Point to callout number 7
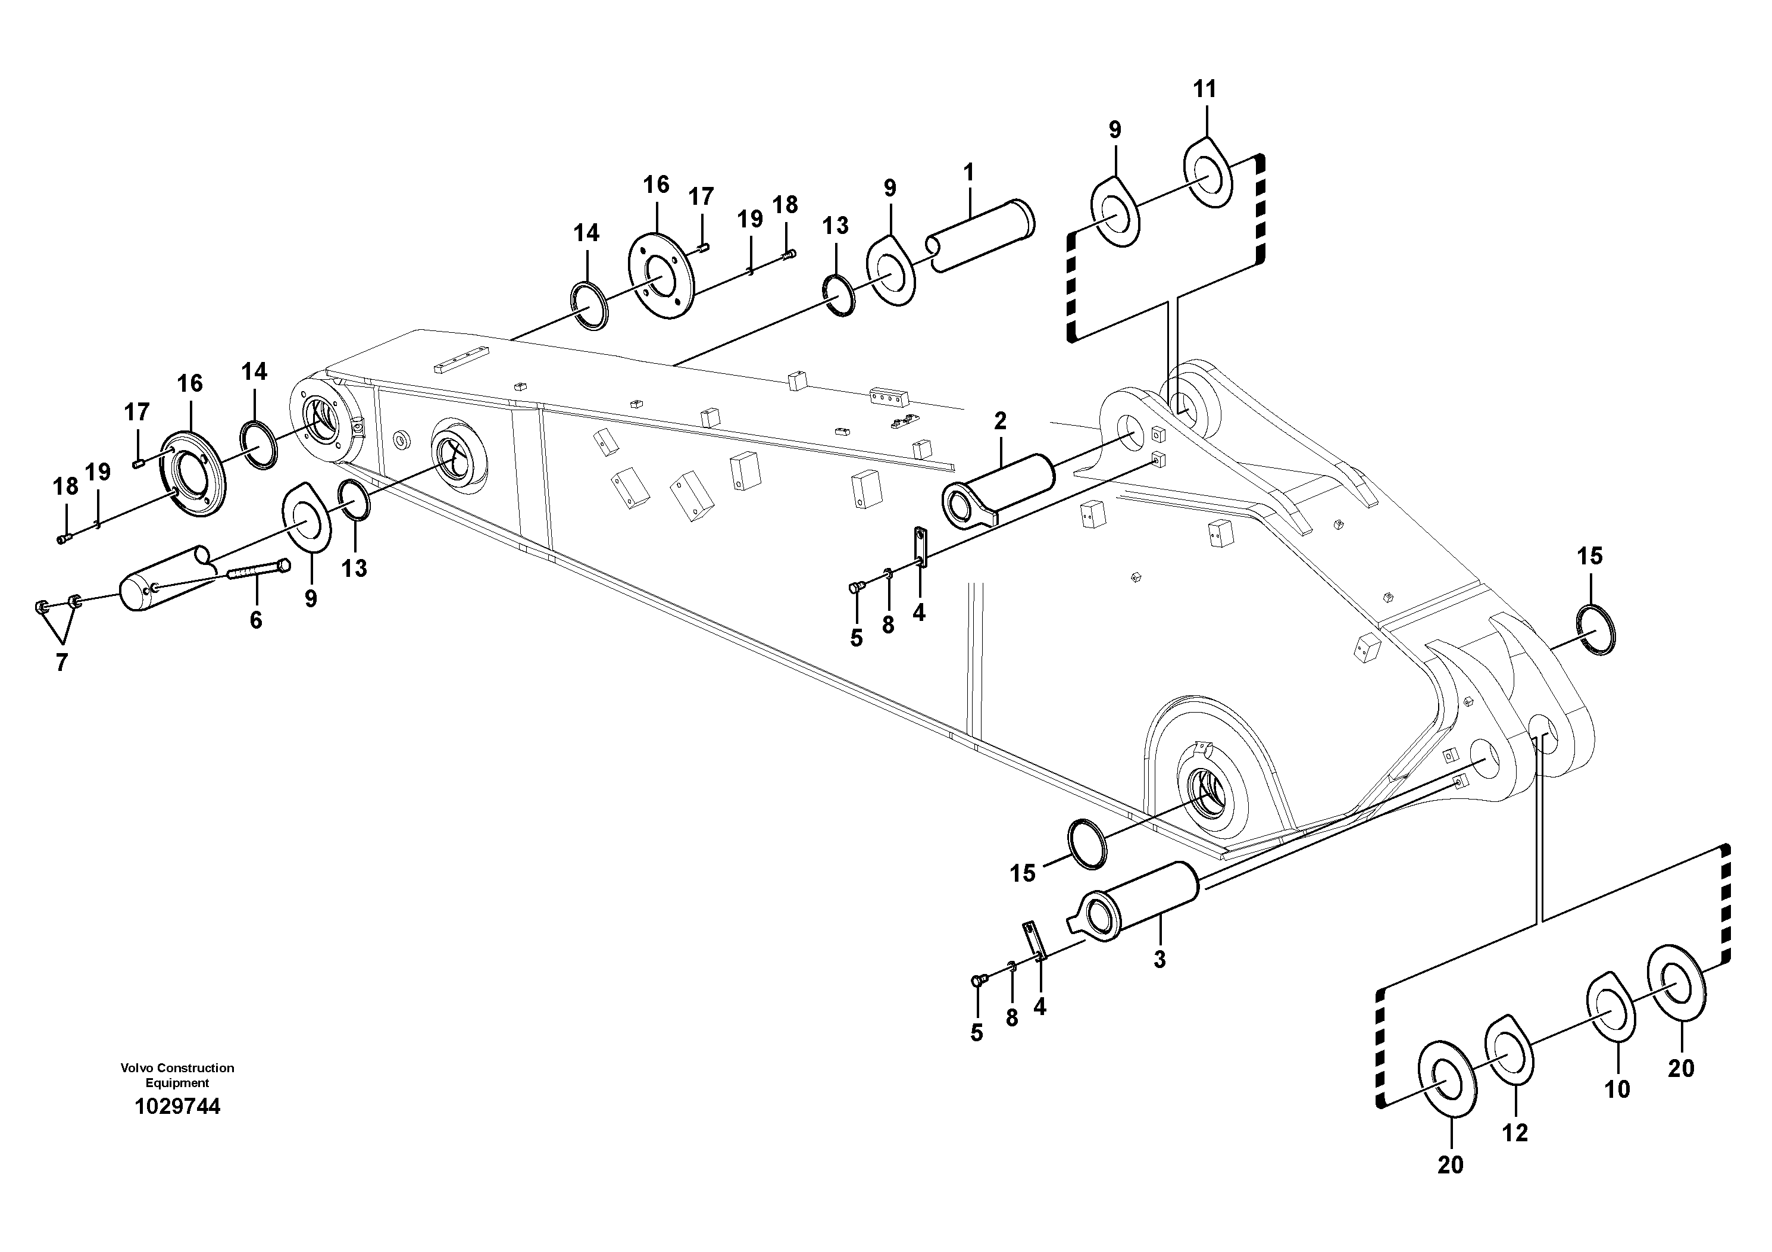click(62, 661)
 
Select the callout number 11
click(1204, 89)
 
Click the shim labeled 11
click(1208, 172)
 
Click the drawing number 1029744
click(177, 1106)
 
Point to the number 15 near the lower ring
click(1023, 873)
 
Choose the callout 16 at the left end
click(190, 383)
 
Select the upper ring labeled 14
click(589, 307)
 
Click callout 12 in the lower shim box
click(1515, 1132)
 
